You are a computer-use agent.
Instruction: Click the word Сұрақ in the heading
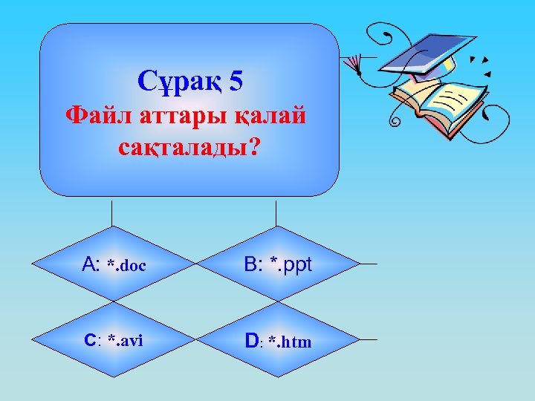(178, 81)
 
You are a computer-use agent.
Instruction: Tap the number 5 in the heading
(236, 81)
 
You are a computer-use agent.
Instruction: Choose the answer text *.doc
(126, 265)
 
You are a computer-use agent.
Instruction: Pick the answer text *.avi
(125, 341)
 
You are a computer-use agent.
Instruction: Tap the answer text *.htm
(291, 342)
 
